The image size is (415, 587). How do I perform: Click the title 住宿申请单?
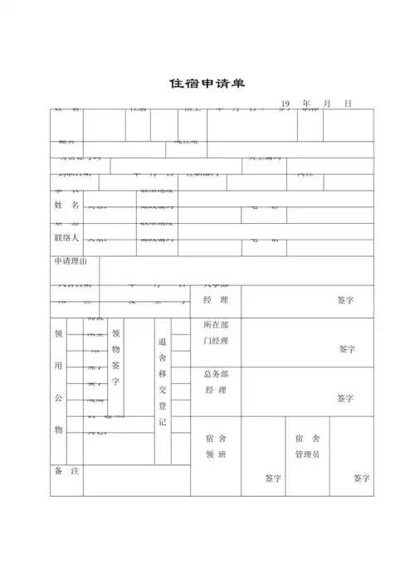pyautogui.click(x=207, y=84)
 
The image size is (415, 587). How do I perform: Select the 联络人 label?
pyautogui.click(x=66, y=237)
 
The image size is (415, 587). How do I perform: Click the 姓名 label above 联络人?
pyautogui.click(x=66, y=205)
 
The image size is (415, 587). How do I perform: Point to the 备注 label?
pyautogui.click(x=66, y=471)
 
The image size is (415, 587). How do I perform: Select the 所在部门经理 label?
pyautogui.click(x=216, y=332)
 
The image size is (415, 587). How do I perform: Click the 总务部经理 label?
pyautogui.click(x=216, y=382)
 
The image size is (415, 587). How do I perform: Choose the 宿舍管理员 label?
pyautogui.click(x=307, y=446)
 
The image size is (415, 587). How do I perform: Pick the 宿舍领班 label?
pyautogui.click(x=216, y=446)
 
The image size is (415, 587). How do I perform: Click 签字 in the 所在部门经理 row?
pyautogui.click(x=347, y=349)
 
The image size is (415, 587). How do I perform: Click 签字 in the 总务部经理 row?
pyautogui.click(x=347, y=399)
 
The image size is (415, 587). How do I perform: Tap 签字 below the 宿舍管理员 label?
pyautogui.click(x=361, y=478)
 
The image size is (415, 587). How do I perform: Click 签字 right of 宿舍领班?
pyautogui.click(x=274, y=478)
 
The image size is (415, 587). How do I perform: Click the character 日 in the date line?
pyautogui.click(x=348, y=104)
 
